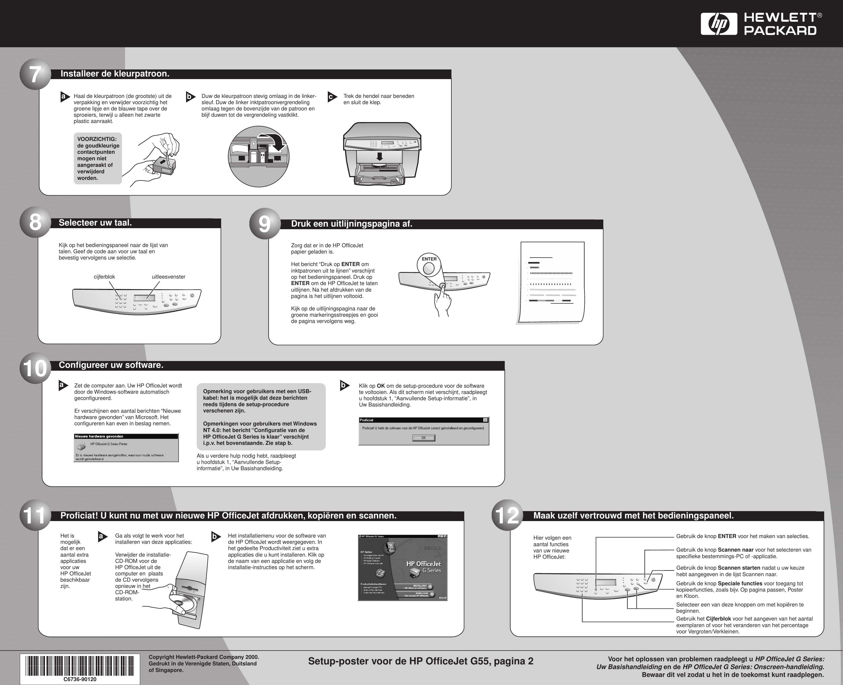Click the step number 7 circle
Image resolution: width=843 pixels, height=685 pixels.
(35, 75)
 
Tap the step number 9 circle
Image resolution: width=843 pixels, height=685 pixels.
(265, 224)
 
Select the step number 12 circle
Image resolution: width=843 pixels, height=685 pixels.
(507, 515)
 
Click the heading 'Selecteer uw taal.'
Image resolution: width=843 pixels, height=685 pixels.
(95, 223)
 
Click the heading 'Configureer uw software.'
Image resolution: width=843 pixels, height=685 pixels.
(111, 365)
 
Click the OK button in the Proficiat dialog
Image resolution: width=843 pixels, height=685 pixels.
(423, 438)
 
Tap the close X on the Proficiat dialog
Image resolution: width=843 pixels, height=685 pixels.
(485, 420)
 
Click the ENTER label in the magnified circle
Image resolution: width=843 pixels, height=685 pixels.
(429, 259)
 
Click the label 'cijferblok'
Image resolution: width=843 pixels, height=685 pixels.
(104, 277)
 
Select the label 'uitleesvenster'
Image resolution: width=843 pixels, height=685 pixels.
(168, 277)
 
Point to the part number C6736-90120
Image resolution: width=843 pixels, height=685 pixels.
(80, 680)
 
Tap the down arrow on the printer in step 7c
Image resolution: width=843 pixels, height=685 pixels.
(380, 156)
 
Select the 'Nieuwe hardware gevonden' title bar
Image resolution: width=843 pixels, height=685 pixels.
(126, 436)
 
